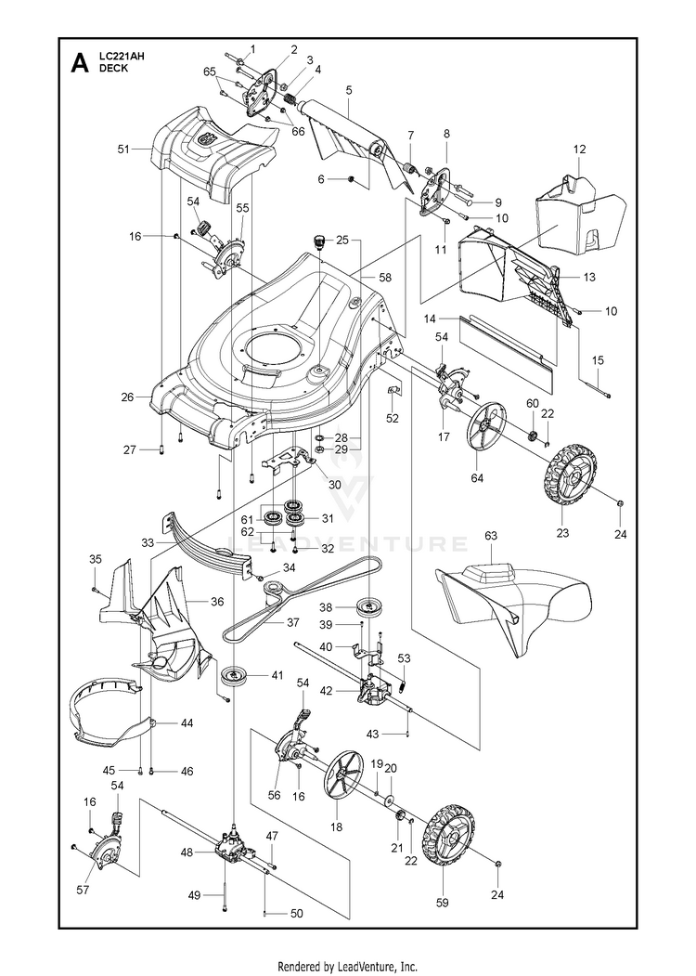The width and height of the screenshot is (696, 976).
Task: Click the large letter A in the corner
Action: pyautogui.click(x=81, y=64)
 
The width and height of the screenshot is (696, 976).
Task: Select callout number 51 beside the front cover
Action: pyautogui.click(x=137, y=147)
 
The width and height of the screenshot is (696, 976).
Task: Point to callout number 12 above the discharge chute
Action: pyautogui.click(x=580, y=149)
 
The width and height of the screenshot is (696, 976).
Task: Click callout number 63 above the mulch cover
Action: pyautogui.click(x=491, y=535)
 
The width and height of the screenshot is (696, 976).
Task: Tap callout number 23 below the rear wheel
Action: pyautogui.click(x=561, y=533)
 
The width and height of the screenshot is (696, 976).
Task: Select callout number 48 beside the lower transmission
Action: pyautogui.click(x=187, y=852)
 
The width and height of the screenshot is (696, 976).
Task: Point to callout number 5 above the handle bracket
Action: pyautogui.click(x=348, y=90)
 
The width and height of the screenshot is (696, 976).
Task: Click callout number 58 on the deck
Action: pyautogui.click(x=385, y=277)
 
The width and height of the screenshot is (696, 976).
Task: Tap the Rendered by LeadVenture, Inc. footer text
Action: pyautogui.click(x=348, y=967)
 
